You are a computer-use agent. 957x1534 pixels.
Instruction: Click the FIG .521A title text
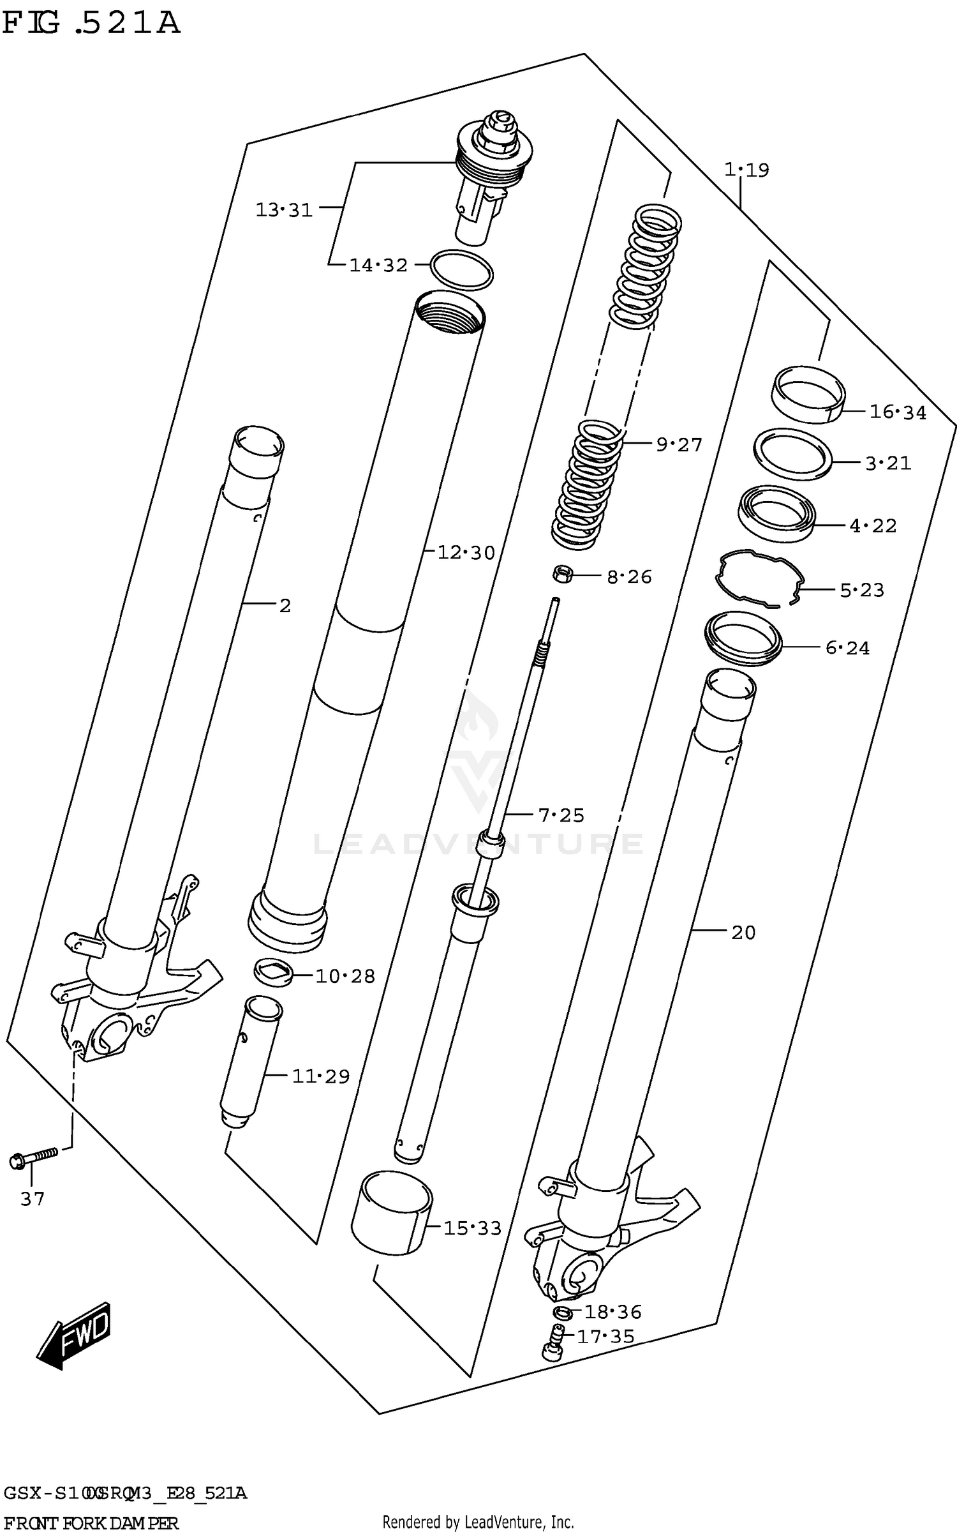[x=91, y=24]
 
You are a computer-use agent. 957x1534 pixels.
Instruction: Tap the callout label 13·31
[x=284, y=210]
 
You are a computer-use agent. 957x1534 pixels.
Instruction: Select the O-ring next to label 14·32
[x=462, y=270]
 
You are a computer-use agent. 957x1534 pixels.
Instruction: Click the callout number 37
[x=32, y=1199]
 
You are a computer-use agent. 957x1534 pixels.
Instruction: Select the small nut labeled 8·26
[x=563, y=574]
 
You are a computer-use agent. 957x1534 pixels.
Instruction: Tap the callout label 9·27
[x=679, y=445]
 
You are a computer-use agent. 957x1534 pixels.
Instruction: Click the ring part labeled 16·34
[x=808, y=394]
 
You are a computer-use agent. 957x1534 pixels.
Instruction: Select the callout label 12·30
[x=466, y=553]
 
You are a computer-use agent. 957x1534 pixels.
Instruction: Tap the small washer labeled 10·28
[x=273, y=972]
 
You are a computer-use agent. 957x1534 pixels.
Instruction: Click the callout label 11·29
[x=321, y=1077]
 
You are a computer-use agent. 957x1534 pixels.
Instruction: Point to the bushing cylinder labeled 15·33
[x=391, y=1212]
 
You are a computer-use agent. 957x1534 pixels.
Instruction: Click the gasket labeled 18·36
[x=562, y=1312]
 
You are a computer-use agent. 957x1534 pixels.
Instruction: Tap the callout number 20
[x=743, y=933]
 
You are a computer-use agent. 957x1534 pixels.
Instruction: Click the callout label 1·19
[x=746, y=170]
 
